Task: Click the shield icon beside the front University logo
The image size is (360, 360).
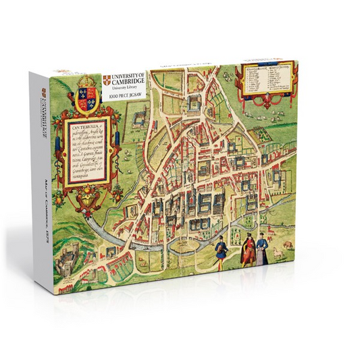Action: (107, 80)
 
